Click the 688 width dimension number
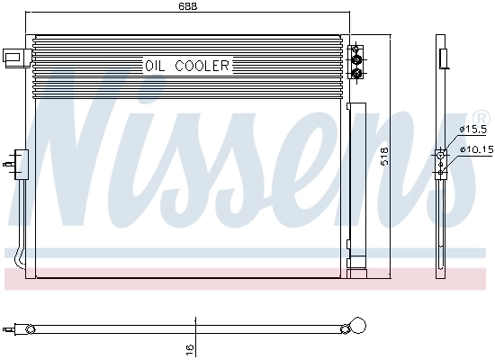click(x=187, y=7)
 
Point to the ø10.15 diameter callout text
click(x=474, y=149)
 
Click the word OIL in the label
click(x=156, y=65)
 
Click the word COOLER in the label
click(x=202, y=65)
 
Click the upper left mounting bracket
click(x=13, y=56)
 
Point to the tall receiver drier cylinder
click(x=358, y=180)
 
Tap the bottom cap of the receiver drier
click(x=358, y=269)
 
